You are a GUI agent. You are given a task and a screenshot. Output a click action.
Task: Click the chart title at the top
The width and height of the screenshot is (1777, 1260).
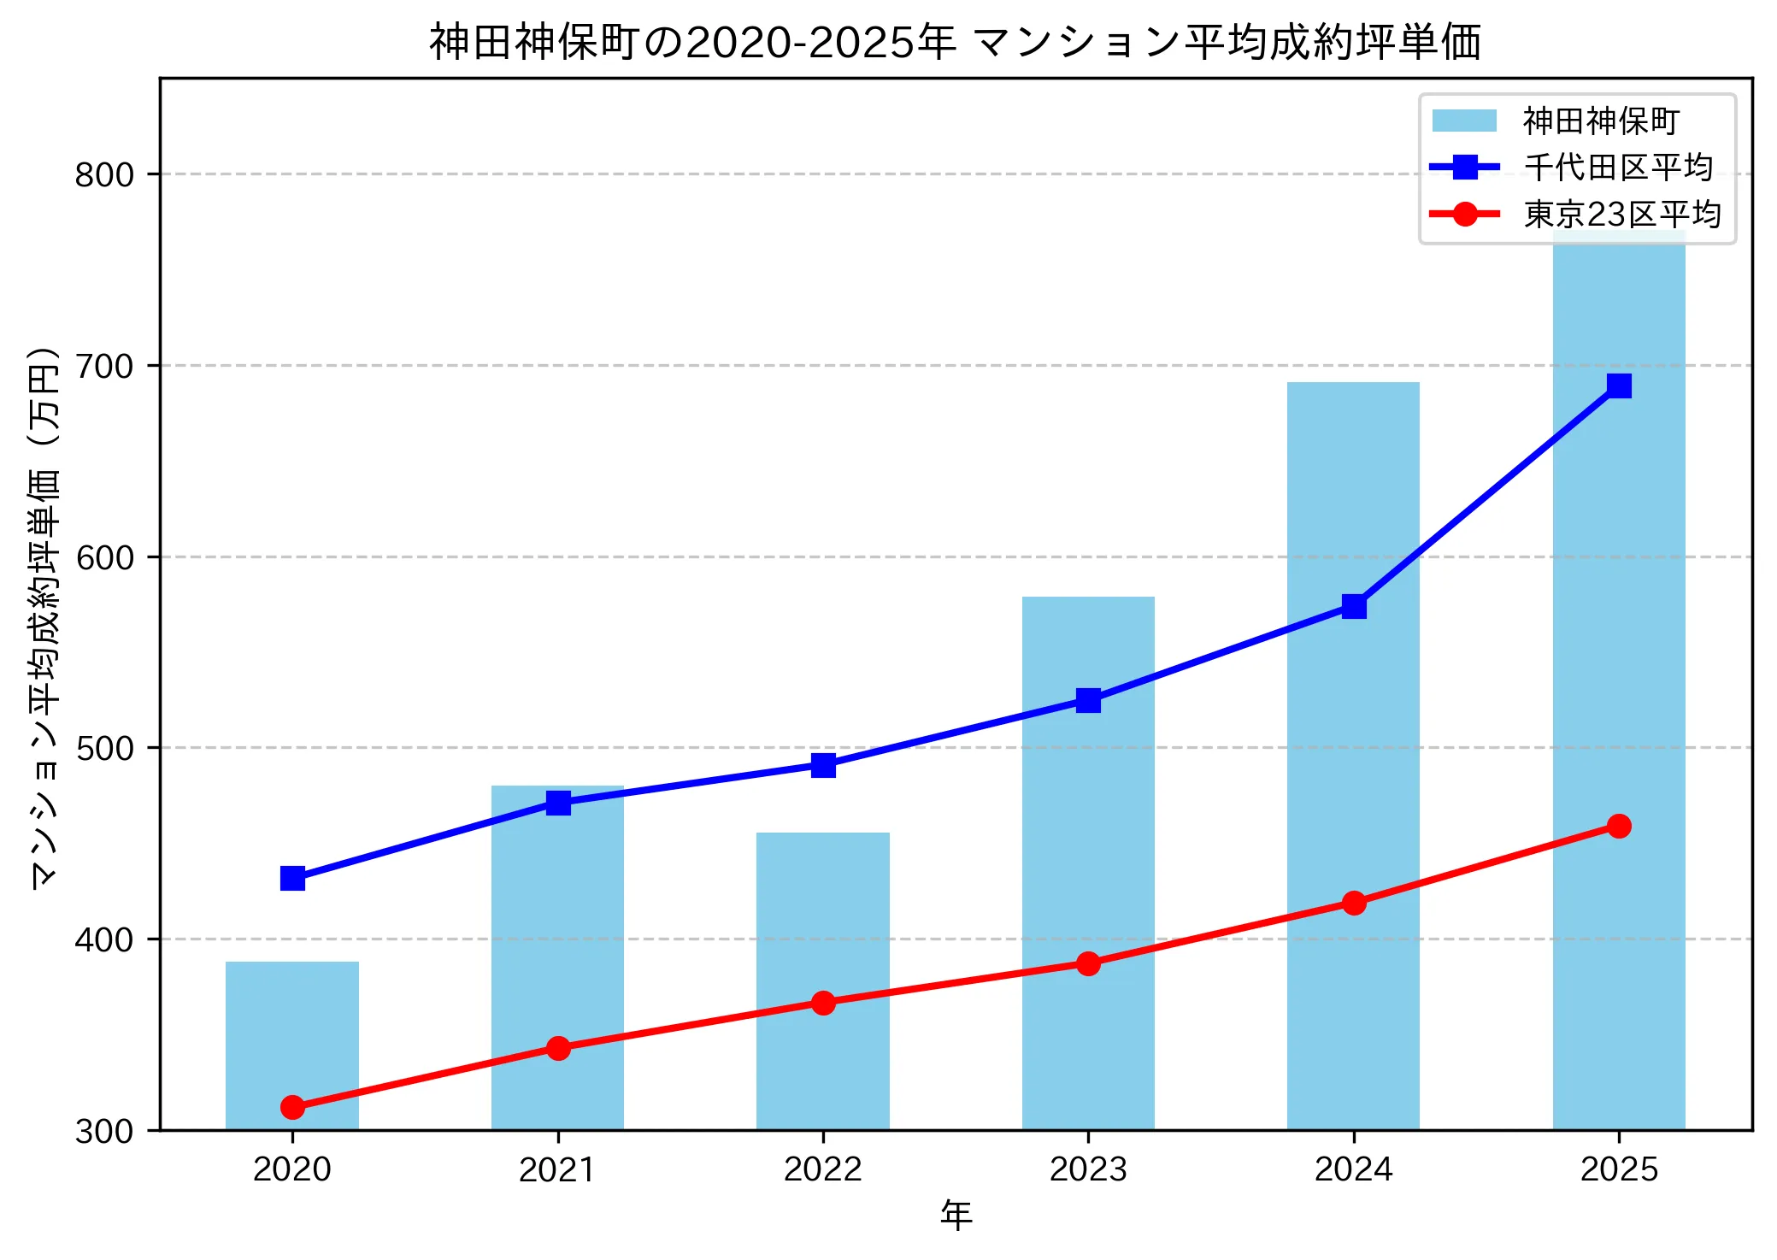coord(955,43)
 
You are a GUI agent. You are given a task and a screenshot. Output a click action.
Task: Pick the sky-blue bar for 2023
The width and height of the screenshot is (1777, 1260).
coord(1087,855)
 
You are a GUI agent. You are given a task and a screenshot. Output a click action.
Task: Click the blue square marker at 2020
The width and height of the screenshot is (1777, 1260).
coord(292,878)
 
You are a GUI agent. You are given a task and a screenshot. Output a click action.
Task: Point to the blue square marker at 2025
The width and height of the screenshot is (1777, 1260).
coord(1618,386)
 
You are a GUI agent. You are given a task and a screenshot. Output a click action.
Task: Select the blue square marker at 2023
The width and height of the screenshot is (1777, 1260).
coord(1087,700)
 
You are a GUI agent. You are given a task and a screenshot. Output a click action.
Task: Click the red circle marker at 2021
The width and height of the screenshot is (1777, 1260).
coord(558,1048)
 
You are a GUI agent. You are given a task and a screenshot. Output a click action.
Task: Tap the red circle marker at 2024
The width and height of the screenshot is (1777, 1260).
coord(1353,903)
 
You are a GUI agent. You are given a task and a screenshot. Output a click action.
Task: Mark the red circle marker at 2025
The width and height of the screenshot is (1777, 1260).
coord(1618,826)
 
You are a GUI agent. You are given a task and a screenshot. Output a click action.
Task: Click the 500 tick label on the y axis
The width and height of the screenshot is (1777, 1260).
coord(104,748)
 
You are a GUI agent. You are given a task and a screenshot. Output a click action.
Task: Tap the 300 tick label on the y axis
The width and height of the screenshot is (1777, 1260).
coord(104,1131)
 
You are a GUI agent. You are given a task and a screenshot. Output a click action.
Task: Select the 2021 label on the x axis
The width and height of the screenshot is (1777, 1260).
coord(557,1169)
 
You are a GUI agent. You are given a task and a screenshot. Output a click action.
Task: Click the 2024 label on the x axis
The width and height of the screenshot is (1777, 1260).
coord(1353,1169)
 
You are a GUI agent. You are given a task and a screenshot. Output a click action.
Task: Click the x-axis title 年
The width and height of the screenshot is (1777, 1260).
coord(956,1216)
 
